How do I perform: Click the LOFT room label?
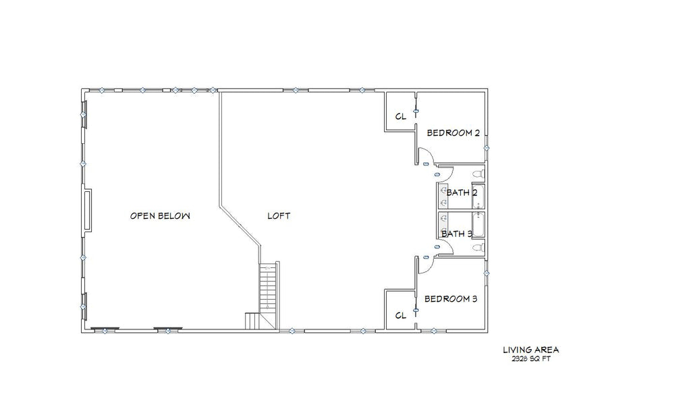tap(279, 216)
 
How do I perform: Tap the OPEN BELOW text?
tap(160, 216)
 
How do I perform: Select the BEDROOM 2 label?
tap(453, 132)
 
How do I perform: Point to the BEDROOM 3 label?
tap(450, 299)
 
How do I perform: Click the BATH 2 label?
tap(462, 192)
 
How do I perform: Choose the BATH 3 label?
tap(457, 234)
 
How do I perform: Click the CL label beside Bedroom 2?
tap(401, 117)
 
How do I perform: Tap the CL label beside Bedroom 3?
tap(401, 315)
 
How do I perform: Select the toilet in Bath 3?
tap(478, 248)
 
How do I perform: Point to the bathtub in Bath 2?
tap(478, 196)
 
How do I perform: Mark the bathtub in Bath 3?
tap(478, 225)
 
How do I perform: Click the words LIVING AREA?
tap(531, 350)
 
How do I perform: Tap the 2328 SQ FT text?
tap(531, 358)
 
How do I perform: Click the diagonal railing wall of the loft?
tap(240, 225)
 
